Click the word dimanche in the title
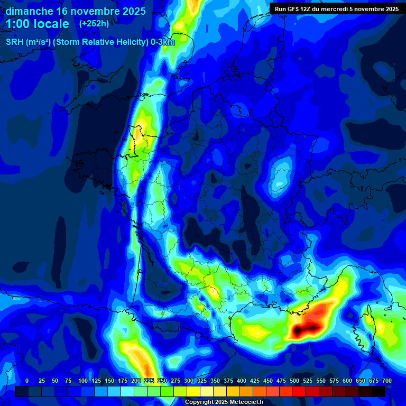click(29, 11)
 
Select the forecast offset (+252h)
click(94, 24)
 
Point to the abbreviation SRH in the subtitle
click(15, 42)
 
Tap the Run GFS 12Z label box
click(337, 8)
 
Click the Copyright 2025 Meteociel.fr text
click(224, 402)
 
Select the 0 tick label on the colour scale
click(27, 381)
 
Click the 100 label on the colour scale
click(82, 381)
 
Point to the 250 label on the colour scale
click(162, 381)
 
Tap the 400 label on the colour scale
click(242, 381)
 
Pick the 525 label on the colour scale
click(308, 381)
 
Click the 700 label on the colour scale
click(386, 381)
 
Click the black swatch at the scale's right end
click(379, 391)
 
